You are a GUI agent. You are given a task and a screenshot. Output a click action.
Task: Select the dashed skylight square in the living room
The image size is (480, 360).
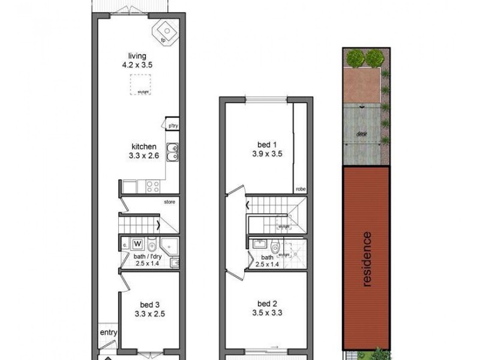click(141, 84)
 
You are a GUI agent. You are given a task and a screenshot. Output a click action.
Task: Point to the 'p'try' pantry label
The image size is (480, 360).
click(173, 125)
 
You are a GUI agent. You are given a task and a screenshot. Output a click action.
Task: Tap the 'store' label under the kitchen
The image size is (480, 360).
click(170, 202)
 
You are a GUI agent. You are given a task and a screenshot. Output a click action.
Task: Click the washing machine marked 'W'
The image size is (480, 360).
click(137, 244)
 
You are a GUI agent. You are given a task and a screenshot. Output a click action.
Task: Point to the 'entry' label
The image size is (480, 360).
click(109, 334)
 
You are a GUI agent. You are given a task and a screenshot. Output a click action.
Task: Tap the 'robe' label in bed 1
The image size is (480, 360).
click(301, 189)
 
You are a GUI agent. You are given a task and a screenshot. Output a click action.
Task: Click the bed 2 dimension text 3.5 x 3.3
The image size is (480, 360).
click(267, 312)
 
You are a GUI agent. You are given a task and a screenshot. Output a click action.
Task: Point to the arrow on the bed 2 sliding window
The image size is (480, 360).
click(275, 346)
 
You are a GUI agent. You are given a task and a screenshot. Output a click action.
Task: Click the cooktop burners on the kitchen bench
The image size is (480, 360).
click(149, 187)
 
